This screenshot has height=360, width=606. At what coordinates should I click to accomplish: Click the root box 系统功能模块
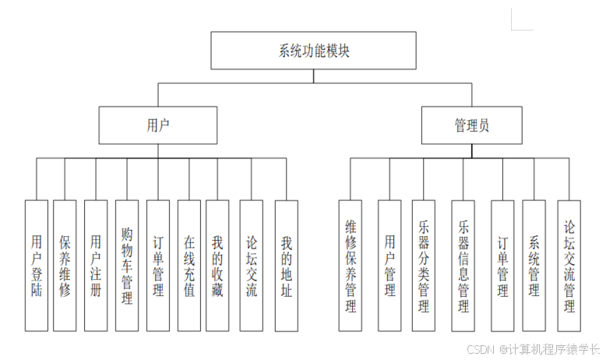315,51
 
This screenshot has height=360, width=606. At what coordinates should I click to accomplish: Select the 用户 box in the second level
157,125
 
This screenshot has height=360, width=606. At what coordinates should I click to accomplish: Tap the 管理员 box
471,125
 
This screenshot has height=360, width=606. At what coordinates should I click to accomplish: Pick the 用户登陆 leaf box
37,265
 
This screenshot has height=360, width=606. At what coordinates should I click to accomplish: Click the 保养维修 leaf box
65,265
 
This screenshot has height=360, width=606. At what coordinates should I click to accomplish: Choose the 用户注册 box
96,265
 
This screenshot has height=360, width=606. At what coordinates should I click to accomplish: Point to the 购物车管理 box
127,265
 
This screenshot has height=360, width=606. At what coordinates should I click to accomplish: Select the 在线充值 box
188,265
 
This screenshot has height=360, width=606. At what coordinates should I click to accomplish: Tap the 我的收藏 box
217,265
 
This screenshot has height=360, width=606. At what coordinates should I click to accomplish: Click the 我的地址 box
286,265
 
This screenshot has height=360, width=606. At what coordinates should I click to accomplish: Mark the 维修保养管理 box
351,265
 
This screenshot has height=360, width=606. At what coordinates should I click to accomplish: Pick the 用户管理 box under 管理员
389,265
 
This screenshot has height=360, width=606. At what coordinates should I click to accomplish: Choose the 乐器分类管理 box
424,265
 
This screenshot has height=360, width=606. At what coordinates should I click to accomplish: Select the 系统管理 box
534,265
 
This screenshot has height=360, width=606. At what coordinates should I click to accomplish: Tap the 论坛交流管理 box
569,265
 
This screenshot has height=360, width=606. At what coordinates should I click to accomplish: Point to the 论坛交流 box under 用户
251,265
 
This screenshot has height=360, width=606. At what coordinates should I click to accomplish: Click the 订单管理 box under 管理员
502,265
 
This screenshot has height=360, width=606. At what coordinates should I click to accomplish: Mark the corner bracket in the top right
517,20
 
